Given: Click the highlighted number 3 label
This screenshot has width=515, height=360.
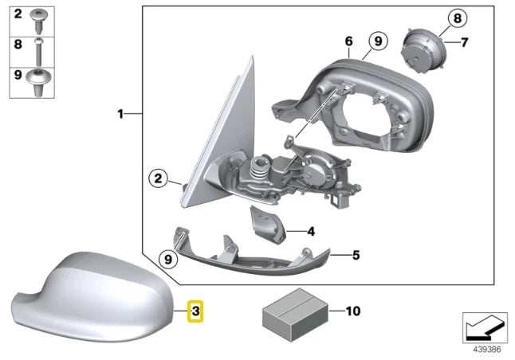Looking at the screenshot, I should click(195, 311).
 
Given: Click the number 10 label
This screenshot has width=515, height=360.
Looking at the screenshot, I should click(354, 310).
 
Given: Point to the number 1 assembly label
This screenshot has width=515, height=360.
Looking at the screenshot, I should click(121, 115).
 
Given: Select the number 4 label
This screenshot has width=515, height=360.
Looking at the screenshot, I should click(310, 233).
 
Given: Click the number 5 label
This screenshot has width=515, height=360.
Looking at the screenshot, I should click(356, 256).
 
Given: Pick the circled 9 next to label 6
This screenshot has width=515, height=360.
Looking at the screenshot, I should click(378, 41).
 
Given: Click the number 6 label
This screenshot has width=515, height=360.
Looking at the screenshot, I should click(348, 41).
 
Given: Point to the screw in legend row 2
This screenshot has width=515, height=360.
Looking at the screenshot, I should click(38, 14).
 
